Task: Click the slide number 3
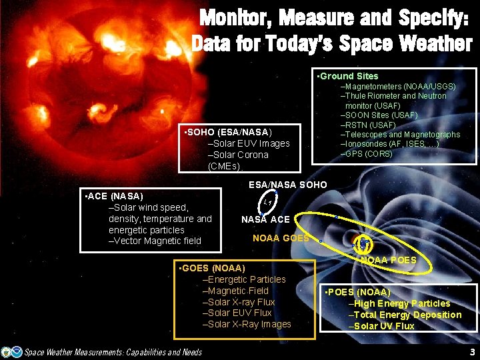[472, 351]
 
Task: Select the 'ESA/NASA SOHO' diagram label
[287, 185]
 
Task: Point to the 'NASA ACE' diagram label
[265, 220]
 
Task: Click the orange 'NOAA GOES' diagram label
[281, 238]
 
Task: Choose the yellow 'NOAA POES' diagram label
[387, 260]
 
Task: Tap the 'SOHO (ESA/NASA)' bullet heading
[227, 132]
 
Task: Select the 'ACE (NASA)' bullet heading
[115, 196]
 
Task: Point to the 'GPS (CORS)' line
[367, 154]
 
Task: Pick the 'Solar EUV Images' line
[249, 143]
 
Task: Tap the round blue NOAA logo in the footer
[7, 351]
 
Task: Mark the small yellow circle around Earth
[364, 244]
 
